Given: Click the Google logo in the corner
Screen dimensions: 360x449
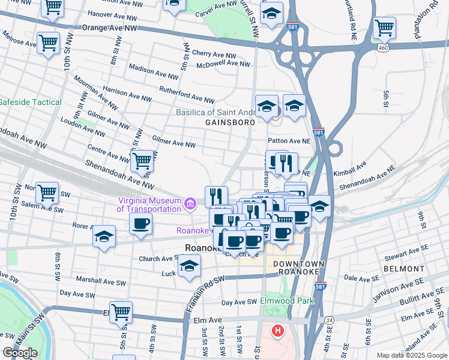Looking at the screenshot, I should [20, 353].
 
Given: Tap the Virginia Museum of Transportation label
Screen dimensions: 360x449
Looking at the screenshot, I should [149, 205].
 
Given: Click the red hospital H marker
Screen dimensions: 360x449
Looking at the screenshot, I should [277, 331].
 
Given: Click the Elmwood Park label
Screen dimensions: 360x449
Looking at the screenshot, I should [287, 301].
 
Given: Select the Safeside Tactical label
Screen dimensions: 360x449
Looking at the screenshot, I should [30, 103].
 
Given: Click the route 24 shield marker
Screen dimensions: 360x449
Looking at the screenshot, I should [330, 320].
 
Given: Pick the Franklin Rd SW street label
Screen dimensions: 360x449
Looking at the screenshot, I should [204, 290].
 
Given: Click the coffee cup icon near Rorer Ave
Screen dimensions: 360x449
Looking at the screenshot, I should [141, 224].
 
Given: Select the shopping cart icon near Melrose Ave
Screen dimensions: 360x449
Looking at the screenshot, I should [48, 43].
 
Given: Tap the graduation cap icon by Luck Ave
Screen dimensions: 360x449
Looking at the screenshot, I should [189, 265].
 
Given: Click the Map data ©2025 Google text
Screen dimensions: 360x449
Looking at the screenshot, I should [411, 355].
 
